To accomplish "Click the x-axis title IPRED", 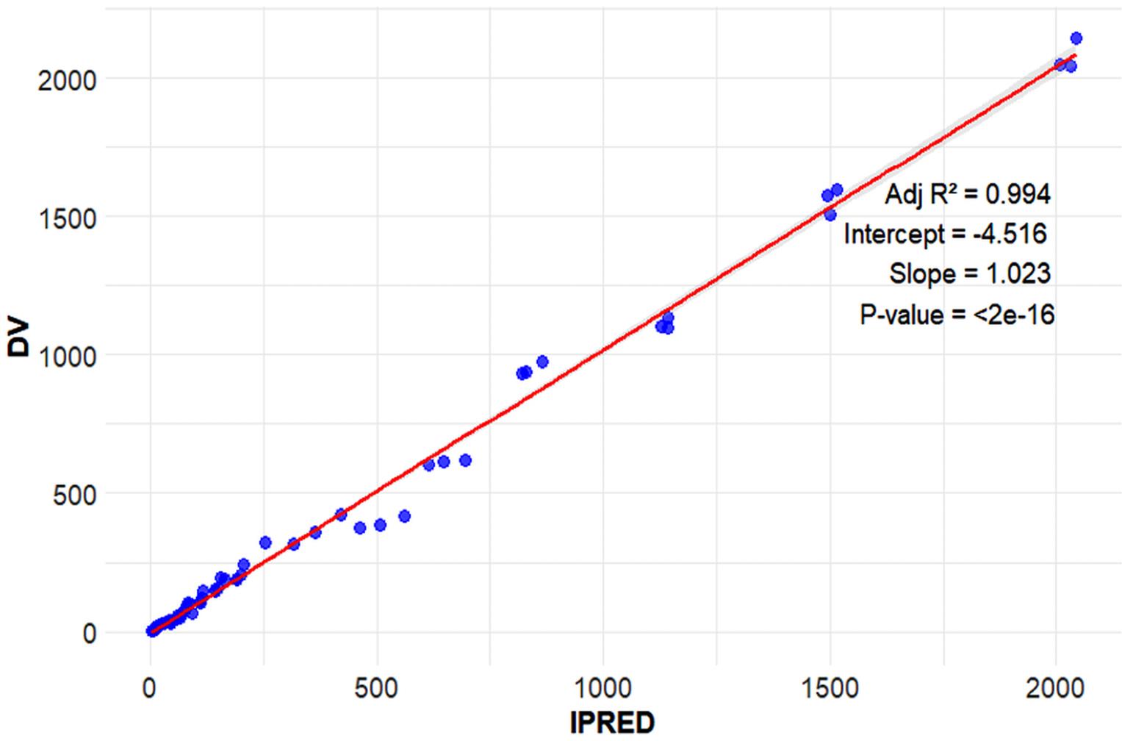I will [611, 723].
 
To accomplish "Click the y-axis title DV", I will [18, 338].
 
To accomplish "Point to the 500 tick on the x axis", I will [377, 689].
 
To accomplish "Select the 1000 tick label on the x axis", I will [603, 689].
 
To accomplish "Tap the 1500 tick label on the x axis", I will [830, 689].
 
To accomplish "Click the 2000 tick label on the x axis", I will [1057, 689].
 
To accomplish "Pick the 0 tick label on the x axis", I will [151, 689].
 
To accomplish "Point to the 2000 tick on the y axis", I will [67, 80].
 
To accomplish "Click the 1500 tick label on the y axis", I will [67, 218].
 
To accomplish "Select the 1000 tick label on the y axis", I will [67, 357].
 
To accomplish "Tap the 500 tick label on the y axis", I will [74, 495].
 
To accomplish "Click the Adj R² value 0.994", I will [1018, 194].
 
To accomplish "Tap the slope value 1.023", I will [1018, 273].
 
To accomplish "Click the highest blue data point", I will [1076, 38].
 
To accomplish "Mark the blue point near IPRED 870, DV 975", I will [542, 362].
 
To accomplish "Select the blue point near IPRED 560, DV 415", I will [404, 516].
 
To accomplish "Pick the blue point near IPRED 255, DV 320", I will [265, 543].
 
